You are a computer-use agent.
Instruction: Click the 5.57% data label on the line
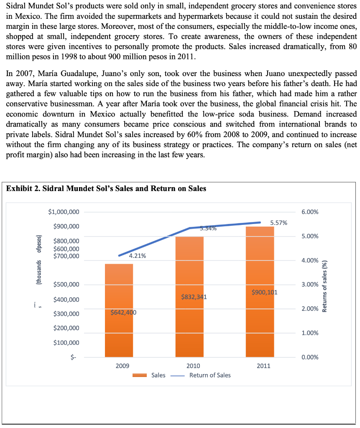coord(278,223)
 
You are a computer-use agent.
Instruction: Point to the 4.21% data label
coord(138,256)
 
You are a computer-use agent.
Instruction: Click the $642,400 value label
coord(123,312)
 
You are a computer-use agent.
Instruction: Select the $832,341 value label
coord(194,297)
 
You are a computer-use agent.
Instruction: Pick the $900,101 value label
coord(265,292)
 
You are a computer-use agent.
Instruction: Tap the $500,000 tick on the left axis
coord(66,285)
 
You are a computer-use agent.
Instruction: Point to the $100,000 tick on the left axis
coord(66,343)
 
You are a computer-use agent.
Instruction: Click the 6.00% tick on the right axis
coord(309,212)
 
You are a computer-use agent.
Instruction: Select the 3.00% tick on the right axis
coord(309,285)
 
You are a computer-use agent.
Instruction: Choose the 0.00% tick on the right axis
coord(309,357)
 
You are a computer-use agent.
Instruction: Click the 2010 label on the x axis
coord(193,366)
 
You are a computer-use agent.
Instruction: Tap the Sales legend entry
coord(158,375)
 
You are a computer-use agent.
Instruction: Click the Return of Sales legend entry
coord(209,375)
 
